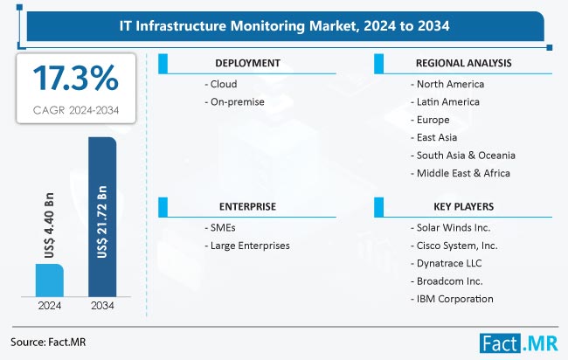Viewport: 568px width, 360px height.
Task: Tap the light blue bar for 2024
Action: click(x=48, y=280)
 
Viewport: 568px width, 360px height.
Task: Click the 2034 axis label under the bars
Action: click(x=103, y=307)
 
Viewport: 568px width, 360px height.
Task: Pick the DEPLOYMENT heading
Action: click(x=247, y=64)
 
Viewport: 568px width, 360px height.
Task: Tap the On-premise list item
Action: click(x=234, y=102)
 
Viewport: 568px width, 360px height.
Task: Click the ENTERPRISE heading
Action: click(x=247, y=207)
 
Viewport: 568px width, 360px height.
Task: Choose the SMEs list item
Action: click(x=222, y=228)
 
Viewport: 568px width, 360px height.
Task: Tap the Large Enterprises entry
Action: click(x=249, y=246)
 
